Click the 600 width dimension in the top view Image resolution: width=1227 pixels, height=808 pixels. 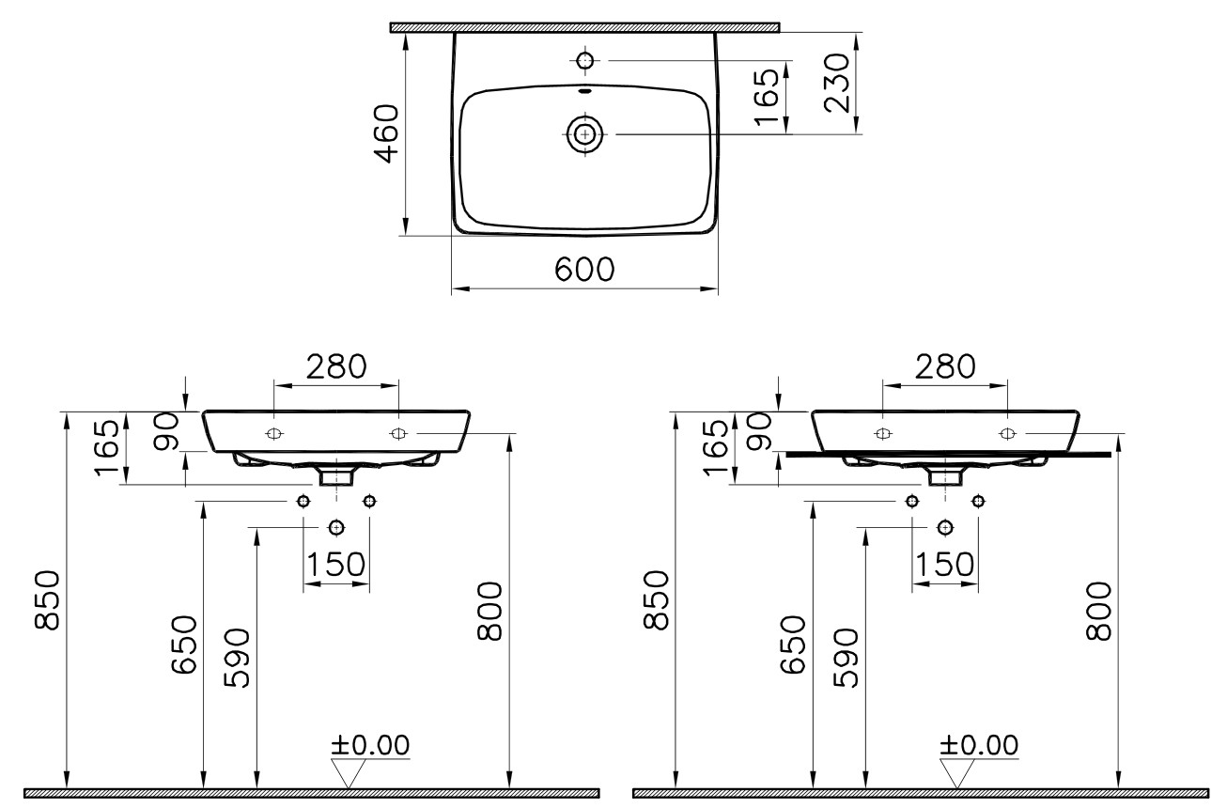584,270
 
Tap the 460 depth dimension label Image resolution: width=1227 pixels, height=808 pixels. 386,133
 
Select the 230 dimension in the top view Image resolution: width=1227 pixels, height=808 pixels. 837,83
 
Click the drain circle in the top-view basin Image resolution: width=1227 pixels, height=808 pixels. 585,134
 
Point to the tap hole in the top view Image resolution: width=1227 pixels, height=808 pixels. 585,60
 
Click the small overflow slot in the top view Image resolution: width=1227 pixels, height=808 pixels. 585,91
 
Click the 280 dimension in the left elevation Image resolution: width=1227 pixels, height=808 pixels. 335,366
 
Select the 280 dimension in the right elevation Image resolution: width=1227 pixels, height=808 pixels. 945,366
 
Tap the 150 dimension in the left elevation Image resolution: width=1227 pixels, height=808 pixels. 335,565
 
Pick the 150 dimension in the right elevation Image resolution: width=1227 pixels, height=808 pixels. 945,565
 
